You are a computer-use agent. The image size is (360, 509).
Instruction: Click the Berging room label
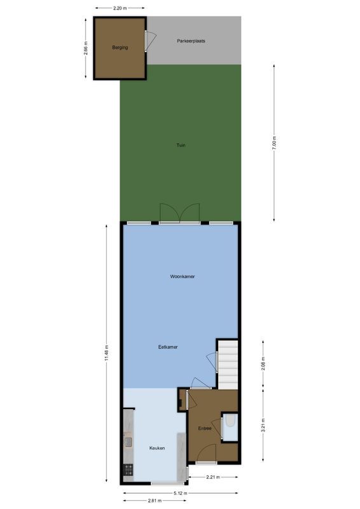(x=120, y=48)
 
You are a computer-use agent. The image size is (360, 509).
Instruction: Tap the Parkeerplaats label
(x=191, y=41)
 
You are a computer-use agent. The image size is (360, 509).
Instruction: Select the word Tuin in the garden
(x=181, y=146)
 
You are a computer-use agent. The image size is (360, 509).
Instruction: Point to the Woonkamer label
(x=182, y=277)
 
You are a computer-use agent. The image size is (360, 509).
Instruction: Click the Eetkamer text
(x=168, y=347)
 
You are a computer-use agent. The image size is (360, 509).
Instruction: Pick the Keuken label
(x=157, y=448)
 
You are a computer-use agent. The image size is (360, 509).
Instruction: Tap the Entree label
(x=205, y=428)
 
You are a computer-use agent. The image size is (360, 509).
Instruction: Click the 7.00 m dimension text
(x=274, y=143)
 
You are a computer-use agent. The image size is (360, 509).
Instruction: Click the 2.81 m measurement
(x=153, y=501)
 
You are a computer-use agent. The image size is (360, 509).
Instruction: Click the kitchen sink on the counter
(x=128, y=440)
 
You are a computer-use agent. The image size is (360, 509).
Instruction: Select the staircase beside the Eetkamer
(x=228, y=364)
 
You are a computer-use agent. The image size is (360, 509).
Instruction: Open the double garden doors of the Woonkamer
(x=180, y=213)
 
